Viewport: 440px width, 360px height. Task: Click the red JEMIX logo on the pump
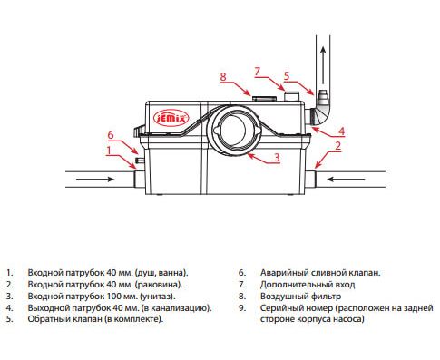(171, 118)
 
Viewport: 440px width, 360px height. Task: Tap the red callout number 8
(223, 76)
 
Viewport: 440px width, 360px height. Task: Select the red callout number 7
(257, 72)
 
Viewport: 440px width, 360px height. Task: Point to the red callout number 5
(287, 76)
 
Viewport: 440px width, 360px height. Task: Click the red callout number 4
(341, 131)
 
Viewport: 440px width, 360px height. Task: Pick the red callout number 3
(277, 158)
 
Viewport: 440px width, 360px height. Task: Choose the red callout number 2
(338, 146)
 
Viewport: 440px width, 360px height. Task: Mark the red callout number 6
(111, 135)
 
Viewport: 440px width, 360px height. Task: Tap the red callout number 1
(109, 151)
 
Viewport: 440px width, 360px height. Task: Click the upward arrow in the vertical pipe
(323, 64)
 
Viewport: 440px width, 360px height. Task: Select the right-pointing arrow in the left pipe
(95, 180)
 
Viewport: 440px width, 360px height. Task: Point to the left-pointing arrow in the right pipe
(347, 180)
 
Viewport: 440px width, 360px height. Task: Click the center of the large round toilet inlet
(235, 130)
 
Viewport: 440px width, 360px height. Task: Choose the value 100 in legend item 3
(113, 297)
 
